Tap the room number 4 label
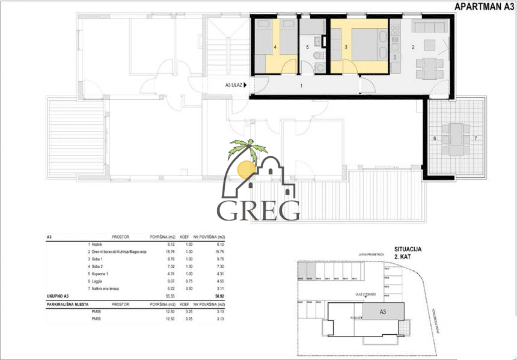coord(275,46)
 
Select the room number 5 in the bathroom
coord(307,46)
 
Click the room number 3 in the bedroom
coord(346,46)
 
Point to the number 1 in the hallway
coord(301,87)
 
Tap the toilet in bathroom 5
coord(319,67)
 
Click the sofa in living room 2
coord(429,27)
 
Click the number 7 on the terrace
coord(475,139)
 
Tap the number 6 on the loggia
coord(434,139)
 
